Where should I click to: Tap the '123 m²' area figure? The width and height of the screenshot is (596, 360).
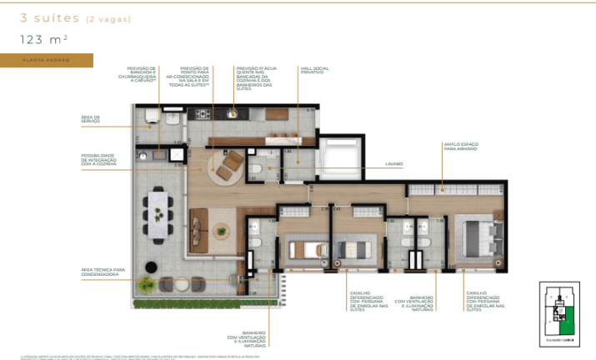[44, 38]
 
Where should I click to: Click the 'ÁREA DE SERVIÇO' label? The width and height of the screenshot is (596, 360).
[91, 120]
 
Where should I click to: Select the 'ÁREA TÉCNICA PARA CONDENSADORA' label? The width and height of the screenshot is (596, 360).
[103, 272]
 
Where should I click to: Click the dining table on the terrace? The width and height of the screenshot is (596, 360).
[158, 214]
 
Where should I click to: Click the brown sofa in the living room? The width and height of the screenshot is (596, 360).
[199, 230]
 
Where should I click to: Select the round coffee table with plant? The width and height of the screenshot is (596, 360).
[221, 231]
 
